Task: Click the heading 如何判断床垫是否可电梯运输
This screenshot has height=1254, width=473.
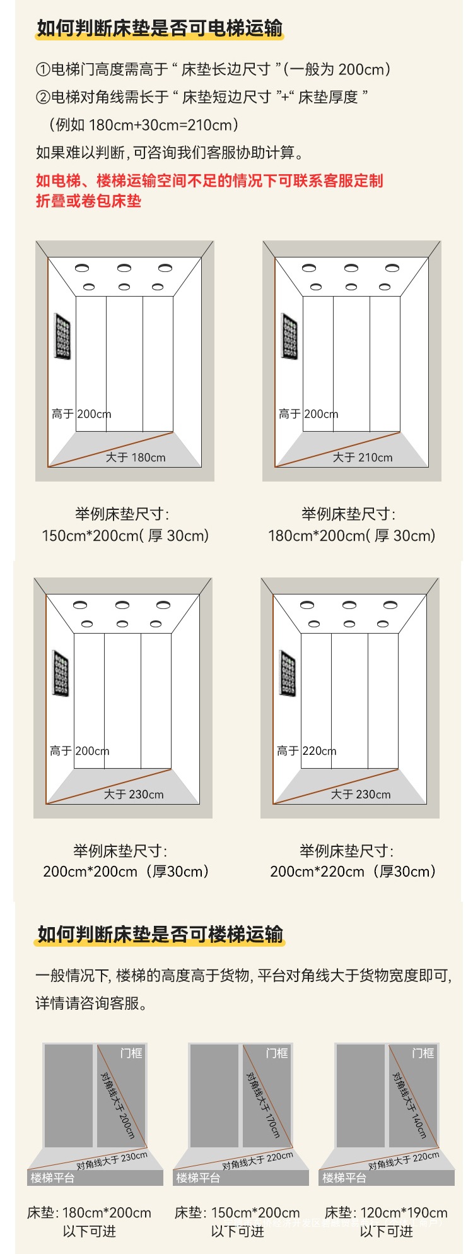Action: (x=160, y=29)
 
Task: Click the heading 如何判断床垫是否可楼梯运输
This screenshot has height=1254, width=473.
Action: (x=160, y=934)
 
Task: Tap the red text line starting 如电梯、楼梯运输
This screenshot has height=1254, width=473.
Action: (x=209, y=181)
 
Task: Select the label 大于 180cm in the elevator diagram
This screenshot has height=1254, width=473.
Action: (x=136, y=458)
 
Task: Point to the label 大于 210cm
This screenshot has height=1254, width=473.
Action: (x=363, y=458)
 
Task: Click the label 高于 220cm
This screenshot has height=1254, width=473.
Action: (x=307, y=751)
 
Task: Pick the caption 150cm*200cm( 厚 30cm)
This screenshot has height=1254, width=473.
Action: (x=125, y=536)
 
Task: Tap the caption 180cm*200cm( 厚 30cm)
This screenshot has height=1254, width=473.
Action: (x=352, y=536)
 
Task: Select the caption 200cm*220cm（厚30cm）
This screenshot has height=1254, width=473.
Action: (x=353, y=872)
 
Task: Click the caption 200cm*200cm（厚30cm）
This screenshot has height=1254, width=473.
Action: (x=126, y=872)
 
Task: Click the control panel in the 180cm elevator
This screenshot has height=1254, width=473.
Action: (x=62, y=336)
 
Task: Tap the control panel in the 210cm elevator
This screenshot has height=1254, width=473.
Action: (x=289, y=336)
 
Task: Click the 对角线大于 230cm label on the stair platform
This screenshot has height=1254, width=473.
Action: (x=112, y=1160)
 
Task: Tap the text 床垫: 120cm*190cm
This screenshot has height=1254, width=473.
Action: (x=386, y=1212)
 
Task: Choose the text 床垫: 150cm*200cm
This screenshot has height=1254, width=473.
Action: (x=237, y=1212)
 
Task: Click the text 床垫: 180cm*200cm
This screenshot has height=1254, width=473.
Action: (x=89, y=1212)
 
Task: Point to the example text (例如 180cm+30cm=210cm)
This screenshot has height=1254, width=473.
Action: (x=144, y=125)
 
